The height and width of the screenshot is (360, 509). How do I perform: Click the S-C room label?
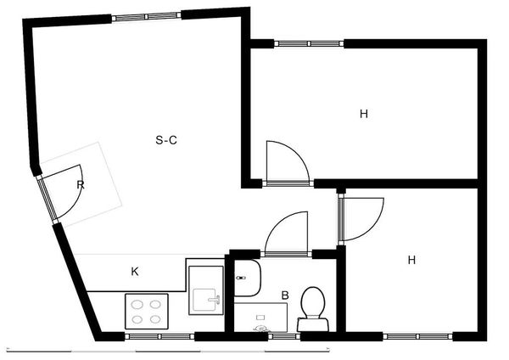pyautogui.click(x=166, y=140)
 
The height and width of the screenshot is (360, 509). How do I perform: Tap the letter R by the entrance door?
pyautogui.click(x=81, y=184)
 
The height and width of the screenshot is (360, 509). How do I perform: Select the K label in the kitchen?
pyautogui.click(x=134, y=272)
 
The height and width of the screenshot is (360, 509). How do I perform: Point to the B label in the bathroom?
pyautogui.click(x=285, y=295)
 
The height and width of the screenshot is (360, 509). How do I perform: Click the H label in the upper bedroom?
pyautogui.click(x=363, y=113)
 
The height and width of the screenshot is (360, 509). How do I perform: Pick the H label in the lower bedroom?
pyautogui.click(x=411, y=260)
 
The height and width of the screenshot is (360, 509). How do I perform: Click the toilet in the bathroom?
pyautogui.click(x=312, y=307)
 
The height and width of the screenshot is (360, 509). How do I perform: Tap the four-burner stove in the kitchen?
pyautogui.click(x=148, y=311)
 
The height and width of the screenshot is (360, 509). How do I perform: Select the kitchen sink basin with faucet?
pyautogui.click(x=205, y=298)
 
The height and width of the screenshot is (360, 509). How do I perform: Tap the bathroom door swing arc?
pyautogui.click(x=287, y=232)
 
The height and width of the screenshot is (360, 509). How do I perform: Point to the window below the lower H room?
pyautogui.click(x=417, y=336)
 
